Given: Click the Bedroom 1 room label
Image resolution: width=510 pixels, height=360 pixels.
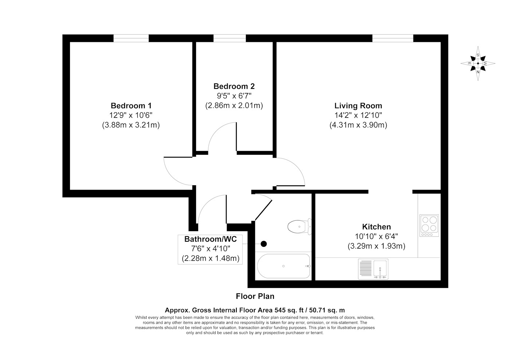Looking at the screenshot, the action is coord(131,106).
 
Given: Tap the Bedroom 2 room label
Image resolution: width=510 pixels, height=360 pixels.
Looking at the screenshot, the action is coord(234,86).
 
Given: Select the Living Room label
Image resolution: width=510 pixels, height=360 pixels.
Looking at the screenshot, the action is coord(358,106).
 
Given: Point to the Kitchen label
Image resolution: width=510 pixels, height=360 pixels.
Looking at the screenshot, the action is coord(376,227).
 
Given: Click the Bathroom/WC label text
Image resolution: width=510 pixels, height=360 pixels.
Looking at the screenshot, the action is coord(211,239).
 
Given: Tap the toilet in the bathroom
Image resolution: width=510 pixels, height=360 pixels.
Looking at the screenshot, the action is coord(299,226).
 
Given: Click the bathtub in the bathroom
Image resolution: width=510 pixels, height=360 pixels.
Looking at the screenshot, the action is coord(284,266).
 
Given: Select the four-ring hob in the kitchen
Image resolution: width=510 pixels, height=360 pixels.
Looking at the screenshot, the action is coord(429,226).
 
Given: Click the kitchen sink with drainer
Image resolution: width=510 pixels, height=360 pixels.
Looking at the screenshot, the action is coord(373,269).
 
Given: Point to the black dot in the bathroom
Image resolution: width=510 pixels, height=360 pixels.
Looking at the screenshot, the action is coord(264,244).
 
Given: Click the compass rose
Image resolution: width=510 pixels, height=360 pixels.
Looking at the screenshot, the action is coord(478,63).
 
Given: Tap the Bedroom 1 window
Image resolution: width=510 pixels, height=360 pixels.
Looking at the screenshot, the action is coord(131,38).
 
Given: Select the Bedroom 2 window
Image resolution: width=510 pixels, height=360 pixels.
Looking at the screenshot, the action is coord(229,38).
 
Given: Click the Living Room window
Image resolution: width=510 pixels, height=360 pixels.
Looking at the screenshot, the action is coord(393,38).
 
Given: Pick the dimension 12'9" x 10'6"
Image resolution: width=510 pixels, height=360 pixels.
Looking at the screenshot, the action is coord(131,115).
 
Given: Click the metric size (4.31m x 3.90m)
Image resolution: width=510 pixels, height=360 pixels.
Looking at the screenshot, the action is coord(358,125).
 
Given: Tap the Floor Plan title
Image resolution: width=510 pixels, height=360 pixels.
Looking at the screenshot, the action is coord(255,296).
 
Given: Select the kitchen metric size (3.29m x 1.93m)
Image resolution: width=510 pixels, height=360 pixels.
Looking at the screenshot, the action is coord(377,246).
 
